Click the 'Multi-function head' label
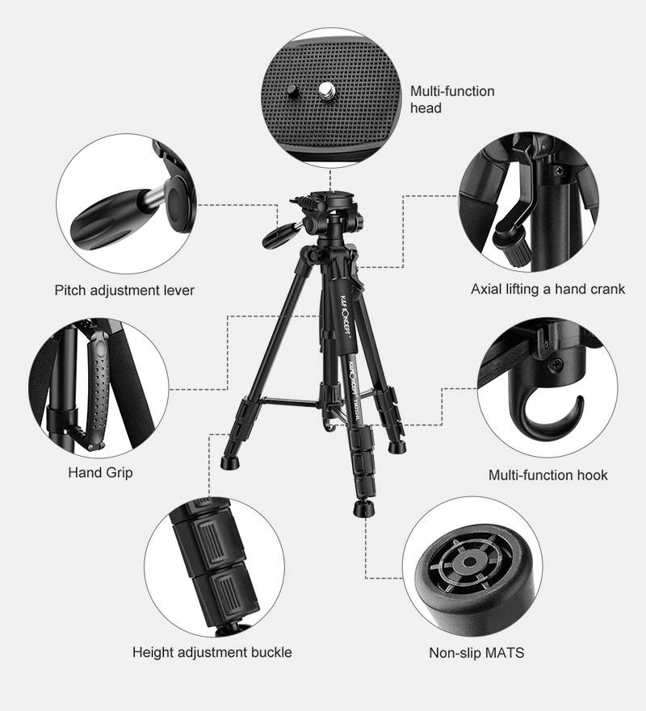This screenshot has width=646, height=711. point(451,99)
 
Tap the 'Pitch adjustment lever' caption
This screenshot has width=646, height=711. point(124,290)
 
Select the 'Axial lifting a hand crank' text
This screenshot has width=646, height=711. point(547,289)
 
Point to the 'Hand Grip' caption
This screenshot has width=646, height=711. point(100,472)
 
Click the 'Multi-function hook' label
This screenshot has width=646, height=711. point(547,475)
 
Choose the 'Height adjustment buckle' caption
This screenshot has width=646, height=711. point(212,652)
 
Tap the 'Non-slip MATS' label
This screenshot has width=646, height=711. point(476,652)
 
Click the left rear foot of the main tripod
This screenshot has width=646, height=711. point(229,462)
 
